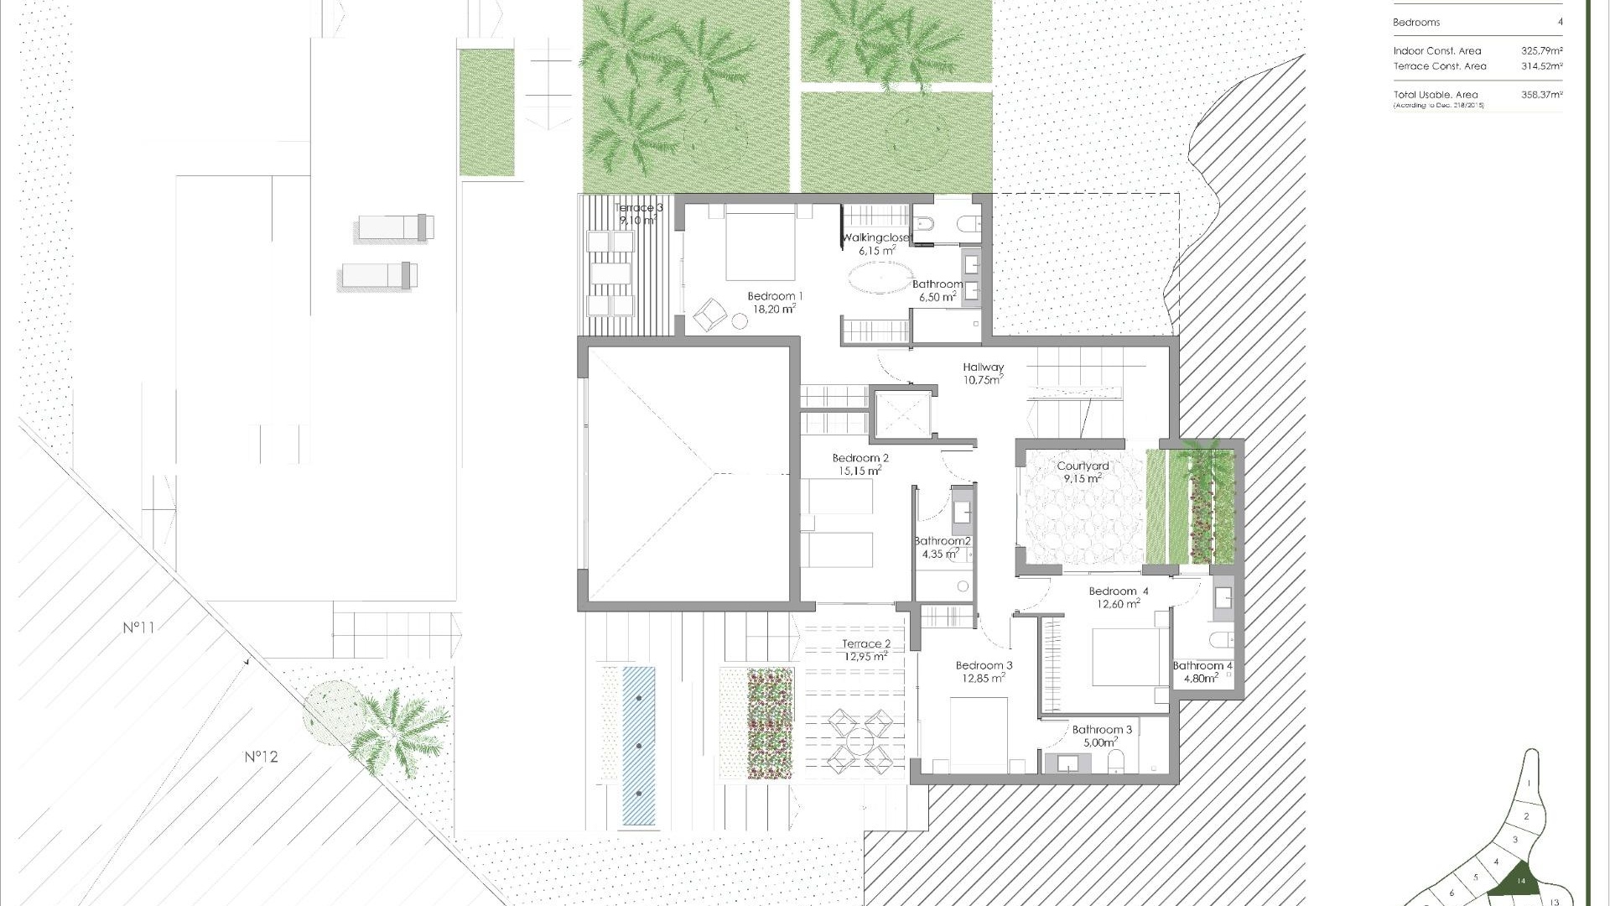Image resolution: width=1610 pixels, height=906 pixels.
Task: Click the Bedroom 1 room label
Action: point(775,296)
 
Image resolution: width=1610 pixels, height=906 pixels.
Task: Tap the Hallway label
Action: point(983,367)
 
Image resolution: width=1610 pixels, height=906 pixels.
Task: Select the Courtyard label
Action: point(1083,466)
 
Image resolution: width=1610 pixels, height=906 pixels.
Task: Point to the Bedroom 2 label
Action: point(860,459)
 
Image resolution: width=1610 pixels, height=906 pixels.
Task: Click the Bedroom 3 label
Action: point(984,666)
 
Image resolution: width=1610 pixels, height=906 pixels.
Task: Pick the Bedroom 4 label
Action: point(1118,591)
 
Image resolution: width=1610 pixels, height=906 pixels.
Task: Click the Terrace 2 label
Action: point(866,644)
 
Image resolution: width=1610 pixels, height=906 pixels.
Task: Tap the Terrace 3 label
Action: point(639,208)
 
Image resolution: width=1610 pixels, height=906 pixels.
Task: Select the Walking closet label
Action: point(875,238)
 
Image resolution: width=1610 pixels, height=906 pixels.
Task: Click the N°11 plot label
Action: point(139,627)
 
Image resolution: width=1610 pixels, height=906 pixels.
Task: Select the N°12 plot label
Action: point(261,757)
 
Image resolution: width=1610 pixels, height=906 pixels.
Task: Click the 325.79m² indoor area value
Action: point(1541,51)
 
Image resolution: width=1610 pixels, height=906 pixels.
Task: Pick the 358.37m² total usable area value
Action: point(1541,95)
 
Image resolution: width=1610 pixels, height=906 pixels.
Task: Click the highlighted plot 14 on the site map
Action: point(1519,880)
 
